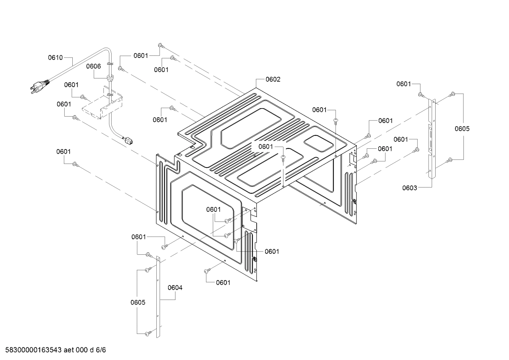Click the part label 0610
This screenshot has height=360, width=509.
[x=55, y=58]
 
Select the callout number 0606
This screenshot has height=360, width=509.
[x=94, y=66]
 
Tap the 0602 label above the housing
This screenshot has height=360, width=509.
[x=273, y=79]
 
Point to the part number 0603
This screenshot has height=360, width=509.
[x=409, y=188]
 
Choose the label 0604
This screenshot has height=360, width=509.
[x=175, y=288]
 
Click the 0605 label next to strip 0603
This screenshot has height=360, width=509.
[x=462, y=129]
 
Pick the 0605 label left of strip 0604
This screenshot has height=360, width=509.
[x=138, y=302]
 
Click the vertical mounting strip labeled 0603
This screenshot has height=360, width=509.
[x=431, y=138]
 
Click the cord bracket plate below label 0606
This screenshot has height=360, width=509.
[x=102, y=104]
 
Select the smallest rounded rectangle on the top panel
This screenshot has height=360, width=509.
[x=318, y=142]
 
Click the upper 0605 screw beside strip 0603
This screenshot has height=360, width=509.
[x=452, y=94]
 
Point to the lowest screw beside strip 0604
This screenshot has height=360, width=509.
[x=148, y=332]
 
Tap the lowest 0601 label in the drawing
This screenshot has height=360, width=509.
[x=223, y=282]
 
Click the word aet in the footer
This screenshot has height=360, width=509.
[x=70, y=350]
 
